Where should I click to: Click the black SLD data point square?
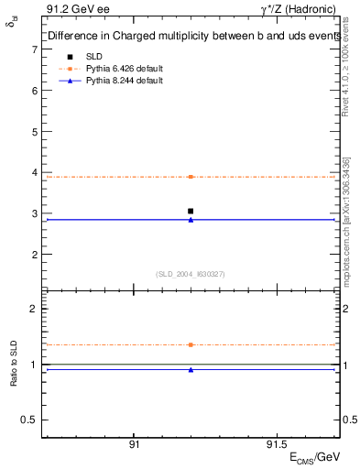click(191, 211)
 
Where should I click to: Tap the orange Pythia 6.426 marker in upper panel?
click(191, 177)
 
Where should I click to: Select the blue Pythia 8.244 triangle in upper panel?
click(191, 220)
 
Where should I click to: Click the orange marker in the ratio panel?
click(191, 344)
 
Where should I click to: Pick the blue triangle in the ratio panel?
click(191, 370)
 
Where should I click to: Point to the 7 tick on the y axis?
click(34, 49)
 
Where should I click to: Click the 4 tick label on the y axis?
click(34, 172)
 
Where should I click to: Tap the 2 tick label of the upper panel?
click(34, 254)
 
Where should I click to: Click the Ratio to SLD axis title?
click(15, 364)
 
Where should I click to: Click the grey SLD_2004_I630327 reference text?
click(191, 273)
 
